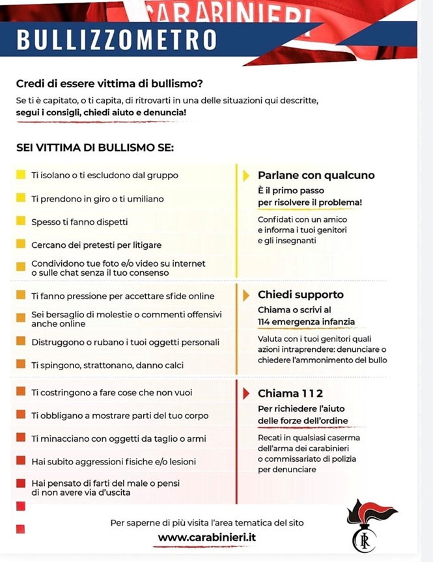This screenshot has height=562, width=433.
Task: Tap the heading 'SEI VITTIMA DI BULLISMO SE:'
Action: (94, 148)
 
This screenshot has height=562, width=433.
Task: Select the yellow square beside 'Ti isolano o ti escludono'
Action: (20, 175)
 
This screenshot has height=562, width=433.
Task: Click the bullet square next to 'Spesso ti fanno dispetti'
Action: (20, 221)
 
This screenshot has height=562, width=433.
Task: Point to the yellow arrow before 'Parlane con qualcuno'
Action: (246, 175)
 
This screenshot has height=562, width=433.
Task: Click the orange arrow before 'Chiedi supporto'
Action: (246, 295)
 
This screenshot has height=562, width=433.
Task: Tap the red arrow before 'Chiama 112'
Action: (246, 393)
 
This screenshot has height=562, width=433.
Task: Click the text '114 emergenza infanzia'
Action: (306, 321)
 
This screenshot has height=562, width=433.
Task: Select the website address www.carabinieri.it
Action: (207, 537)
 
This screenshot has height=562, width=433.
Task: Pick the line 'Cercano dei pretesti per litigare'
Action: (96, 245)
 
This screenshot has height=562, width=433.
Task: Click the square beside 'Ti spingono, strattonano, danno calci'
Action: (20, 364)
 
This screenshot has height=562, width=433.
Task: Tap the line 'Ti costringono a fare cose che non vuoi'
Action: (111, 392)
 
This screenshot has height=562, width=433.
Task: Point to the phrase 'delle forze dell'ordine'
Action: (303, 421)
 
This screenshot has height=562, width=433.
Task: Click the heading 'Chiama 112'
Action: (290, 393)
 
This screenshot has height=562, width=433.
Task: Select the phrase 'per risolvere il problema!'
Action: (310, 202)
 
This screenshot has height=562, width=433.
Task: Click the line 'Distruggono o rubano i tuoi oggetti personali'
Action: (125, 341)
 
